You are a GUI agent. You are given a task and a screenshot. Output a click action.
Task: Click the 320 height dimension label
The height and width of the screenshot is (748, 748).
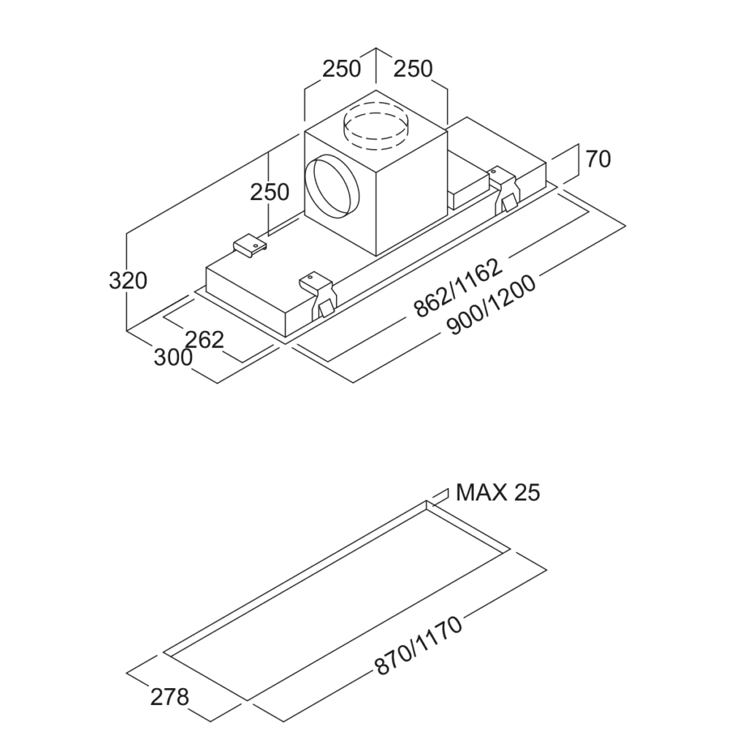(x=128, y=280)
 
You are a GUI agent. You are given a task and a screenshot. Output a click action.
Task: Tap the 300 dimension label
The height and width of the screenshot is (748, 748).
(x=173, y=358)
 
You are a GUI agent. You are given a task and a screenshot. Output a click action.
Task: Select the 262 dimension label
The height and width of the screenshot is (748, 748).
(x=204, y=339)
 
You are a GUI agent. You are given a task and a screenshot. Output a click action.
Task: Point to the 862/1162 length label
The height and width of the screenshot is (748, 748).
(x=458, y=288)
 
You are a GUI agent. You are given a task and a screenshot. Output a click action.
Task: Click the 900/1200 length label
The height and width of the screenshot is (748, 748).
(x=491, y=305)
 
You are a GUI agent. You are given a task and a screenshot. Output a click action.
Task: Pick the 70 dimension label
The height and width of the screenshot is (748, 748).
(x=598, y=159)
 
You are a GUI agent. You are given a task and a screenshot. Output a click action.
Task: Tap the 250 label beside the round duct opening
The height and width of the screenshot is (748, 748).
(x=270, y=192)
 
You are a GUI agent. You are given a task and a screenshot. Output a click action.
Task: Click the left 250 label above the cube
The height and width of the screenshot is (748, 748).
(x=342, y=69)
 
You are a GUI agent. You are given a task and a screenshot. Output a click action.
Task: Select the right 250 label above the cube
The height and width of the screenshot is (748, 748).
(x=413, y=69)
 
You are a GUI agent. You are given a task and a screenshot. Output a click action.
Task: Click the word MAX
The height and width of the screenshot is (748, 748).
(x=481, y=492)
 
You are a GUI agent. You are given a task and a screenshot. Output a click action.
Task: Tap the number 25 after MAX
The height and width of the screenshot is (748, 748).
(x=527, y=492)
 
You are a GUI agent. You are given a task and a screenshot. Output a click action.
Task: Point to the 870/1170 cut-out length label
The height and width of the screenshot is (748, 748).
(x=418, y=646)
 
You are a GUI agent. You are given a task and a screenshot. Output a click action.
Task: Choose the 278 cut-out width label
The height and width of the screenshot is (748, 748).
(x=169, y=697)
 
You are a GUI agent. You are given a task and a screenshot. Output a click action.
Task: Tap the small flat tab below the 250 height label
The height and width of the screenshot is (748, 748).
(x=248, y=245)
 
